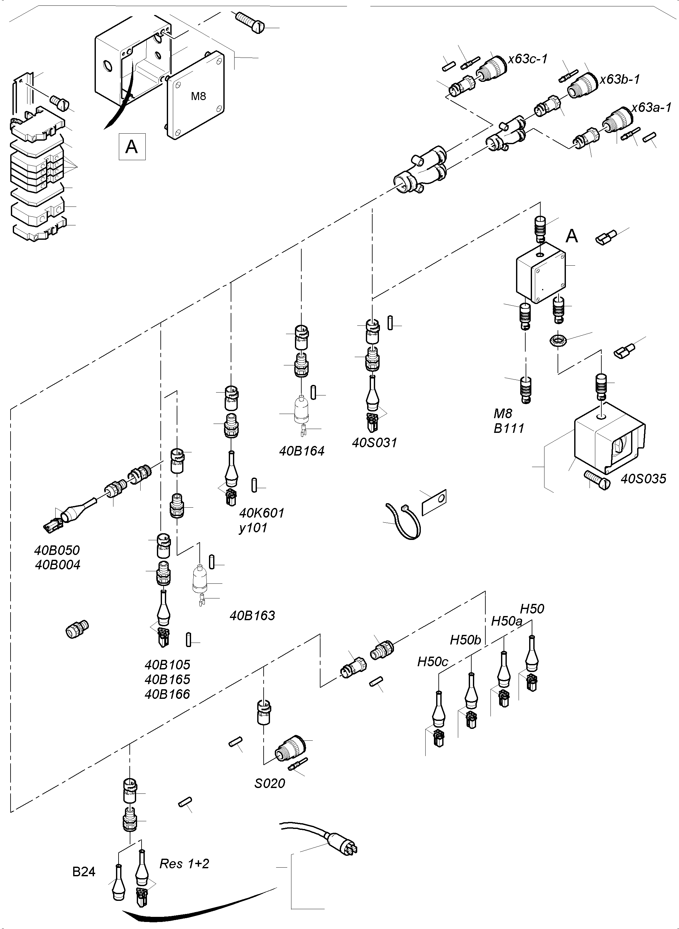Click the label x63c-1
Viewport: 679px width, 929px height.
tap(528, 59)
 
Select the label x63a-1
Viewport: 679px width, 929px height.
tap(652, 108)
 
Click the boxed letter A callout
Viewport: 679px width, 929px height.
tap(132, 146)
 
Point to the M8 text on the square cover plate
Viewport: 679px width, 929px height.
tap(198, 97)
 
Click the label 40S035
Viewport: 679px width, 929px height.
tap(643, 479)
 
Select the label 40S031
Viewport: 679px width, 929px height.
tap(374, 443)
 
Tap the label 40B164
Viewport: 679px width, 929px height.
tap(302, 451)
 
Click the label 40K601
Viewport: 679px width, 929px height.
tap(261, 513)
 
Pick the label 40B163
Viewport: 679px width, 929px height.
tap(252, 616)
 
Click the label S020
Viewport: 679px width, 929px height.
tap(269, 784)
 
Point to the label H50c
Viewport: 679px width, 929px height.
tap(432, 662)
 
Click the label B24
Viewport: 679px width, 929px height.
tap(84, 872)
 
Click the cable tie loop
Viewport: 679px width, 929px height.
tap(403, 521)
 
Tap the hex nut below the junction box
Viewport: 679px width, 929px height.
tap(558, 340)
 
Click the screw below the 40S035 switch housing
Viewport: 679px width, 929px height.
tap(596, 480)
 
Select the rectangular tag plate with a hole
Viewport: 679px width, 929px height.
tap(434, 502)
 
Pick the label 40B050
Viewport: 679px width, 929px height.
tap(57, 550)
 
